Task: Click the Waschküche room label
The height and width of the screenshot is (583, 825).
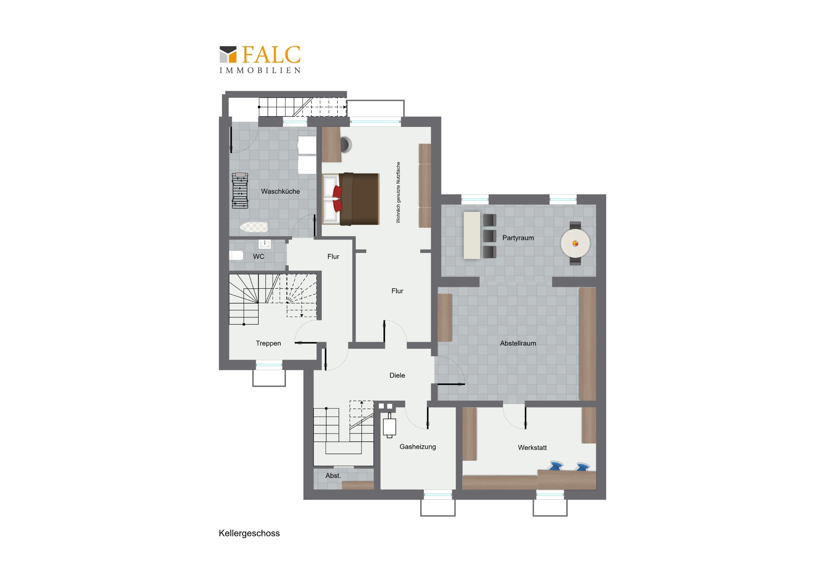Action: (x=280, y=191)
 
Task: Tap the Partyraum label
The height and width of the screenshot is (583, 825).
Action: (x=518, y=238)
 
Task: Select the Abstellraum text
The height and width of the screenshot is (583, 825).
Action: (x=518, y=343)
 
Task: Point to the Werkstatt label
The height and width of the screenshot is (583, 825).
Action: (x=532, y=447)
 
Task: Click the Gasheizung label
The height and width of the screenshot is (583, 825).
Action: (x=418, y=447)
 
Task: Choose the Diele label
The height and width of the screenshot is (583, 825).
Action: (x=397, y=375)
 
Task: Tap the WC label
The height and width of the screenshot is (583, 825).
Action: (x=258, y=256)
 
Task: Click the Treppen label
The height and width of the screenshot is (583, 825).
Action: (x=268, y=343)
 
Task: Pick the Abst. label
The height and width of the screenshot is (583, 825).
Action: (x=333, y=475)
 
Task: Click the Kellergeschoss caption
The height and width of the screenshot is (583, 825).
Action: (x=249, y=534)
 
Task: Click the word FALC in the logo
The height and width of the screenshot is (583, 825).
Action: (x=271, y=54)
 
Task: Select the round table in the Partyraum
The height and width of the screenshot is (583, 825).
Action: (x=575, y=243)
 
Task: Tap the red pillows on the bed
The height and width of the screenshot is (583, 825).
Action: (x=337, y=198)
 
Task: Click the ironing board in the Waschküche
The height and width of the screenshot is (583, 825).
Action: (x=254, y=227)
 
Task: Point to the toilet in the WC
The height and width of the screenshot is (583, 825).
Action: (x=236, y=255)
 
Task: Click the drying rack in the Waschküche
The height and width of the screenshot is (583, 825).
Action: (x=240, y=190)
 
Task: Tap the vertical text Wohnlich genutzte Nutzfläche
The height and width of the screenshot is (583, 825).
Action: (x=398, y=193)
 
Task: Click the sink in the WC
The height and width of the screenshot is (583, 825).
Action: (x=265, y=244)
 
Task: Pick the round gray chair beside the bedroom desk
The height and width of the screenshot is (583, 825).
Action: (x=345, y=144)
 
